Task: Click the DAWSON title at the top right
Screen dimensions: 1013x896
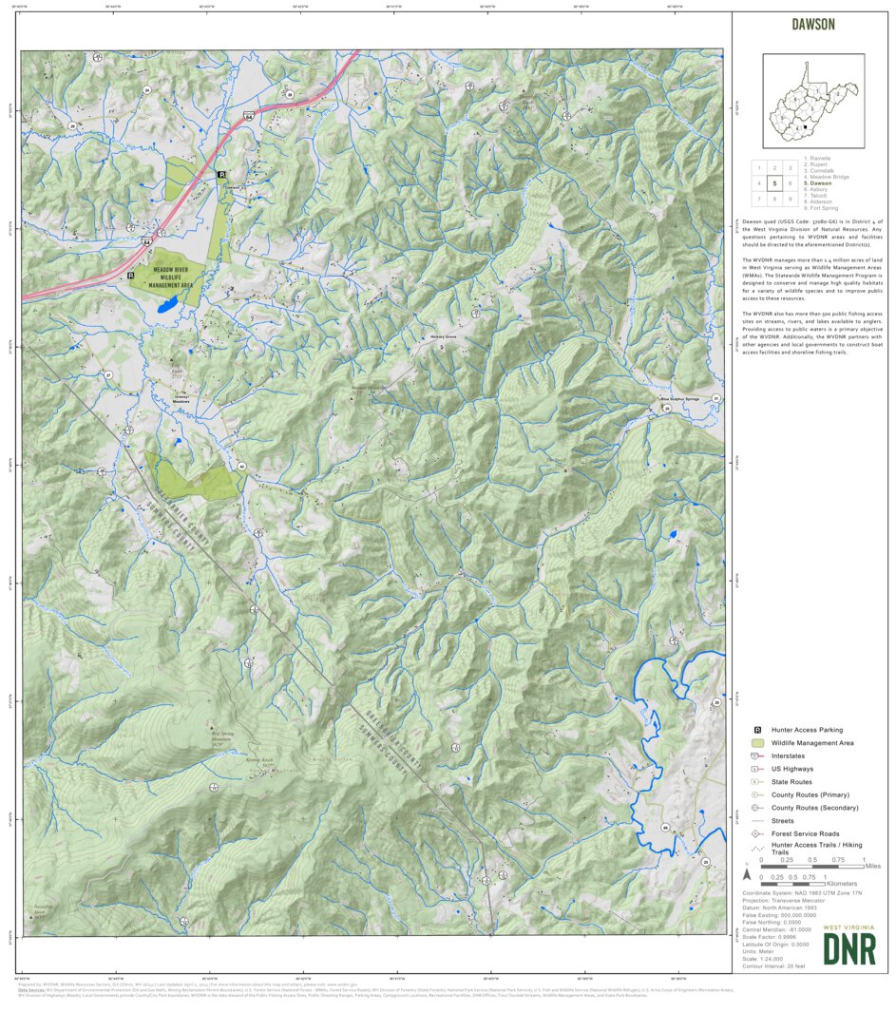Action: click(x=812, y=25)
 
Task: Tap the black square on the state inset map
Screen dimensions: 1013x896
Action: click(x=806, y=126)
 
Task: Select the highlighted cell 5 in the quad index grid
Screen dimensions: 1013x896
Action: click(x=775, y=183)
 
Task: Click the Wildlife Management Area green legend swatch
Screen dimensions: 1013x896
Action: click(x=757, y=742)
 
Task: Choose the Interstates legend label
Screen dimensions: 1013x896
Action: click(x=788, y=755)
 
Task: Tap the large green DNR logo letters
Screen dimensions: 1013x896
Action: click(x=848, y=949)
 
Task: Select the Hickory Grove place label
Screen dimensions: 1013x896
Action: click(x=444, y=336)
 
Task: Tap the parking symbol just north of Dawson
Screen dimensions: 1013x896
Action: click(x=221, y=175)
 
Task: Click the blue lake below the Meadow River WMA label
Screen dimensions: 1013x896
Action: click(x=166, y=307)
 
